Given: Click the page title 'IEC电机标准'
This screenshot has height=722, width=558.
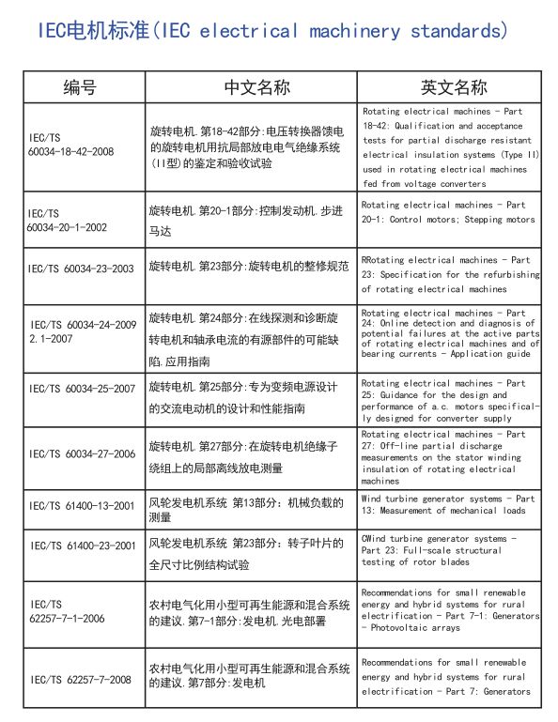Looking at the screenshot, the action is coord(94,31).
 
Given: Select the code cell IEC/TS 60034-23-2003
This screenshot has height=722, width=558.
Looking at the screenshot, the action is coord(82,269).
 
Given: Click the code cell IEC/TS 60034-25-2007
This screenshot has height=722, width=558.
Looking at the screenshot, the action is coord(82,388).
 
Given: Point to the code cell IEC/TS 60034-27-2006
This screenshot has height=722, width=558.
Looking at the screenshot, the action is coord(82,454).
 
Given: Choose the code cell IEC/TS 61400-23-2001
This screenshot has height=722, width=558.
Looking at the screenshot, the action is coord(82,545).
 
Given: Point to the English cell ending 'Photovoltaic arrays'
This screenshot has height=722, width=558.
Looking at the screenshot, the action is coord(450,610).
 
